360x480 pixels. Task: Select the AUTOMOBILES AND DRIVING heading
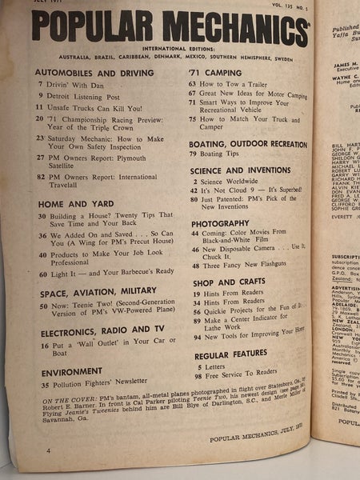[x=89, y=72]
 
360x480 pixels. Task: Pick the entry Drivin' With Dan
[x=82, y=84]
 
